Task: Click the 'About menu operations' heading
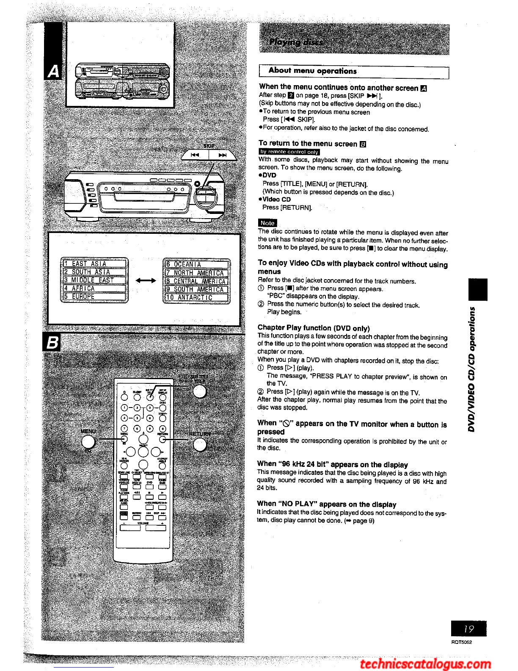(x=312, y=71)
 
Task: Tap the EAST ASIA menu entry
(x=94, y=263)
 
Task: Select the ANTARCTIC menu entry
(x=196, y=297)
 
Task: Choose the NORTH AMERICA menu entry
(x=196, y=273)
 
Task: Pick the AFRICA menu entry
(x=94, y=288)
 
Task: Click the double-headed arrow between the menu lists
(x=146, y=280)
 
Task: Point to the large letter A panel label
(x=53, y=72)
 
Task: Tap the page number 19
(x=468, y=629)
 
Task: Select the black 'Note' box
(x=267, y=223)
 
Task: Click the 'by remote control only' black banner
(x=289, y=152)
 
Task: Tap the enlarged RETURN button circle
(x=199, y=444)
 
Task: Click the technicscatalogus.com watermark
(x=426, y=664)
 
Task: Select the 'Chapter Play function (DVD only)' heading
(x=314, y=328)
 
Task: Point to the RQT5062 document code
(x=461, y=642)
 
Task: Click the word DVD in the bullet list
(x=269, y=175)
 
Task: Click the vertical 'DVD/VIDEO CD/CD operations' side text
(x=472, y=369)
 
